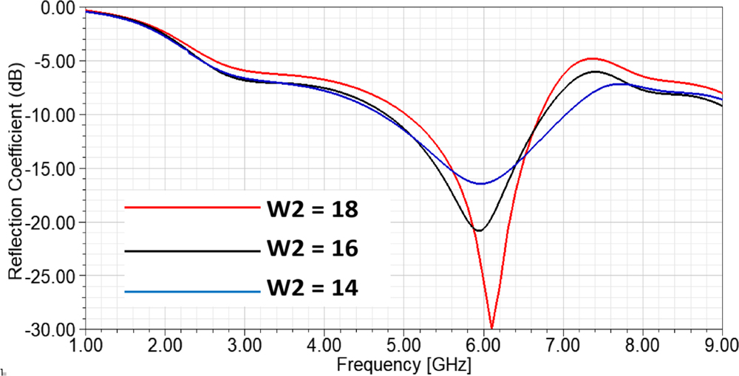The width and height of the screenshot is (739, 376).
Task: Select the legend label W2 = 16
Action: (312, 249)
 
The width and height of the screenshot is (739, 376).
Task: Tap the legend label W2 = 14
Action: (312, 289)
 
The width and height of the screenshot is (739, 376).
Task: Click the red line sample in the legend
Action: (192, 208)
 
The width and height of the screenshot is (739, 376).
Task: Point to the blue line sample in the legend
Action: (192, 292)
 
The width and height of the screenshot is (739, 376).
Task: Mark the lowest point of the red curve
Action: (491, 327)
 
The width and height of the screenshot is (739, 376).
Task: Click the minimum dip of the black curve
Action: (479, 230)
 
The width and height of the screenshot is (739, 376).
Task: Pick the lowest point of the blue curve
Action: (481, 183)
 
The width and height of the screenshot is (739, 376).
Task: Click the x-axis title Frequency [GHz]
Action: (403, 364)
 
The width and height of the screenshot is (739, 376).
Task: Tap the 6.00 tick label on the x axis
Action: (483, 346)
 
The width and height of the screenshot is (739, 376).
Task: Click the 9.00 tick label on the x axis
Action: (721, 346)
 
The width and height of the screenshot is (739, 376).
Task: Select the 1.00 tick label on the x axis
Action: (86, 346)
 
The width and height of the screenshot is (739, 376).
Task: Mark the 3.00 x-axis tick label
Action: (245, 346)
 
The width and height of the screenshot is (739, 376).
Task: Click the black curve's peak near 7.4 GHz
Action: (596, 72)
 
